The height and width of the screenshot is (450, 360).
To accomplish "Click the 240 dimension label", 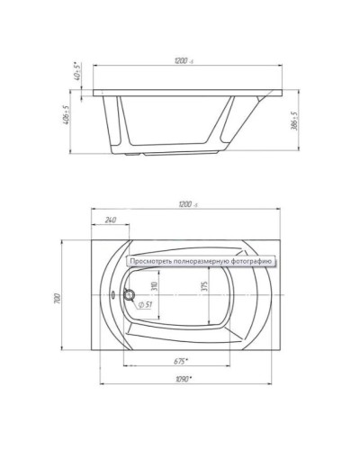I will tap(110, 220).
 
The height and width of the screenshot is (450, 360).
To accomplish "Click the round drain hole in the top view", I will tap(129, 295).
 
